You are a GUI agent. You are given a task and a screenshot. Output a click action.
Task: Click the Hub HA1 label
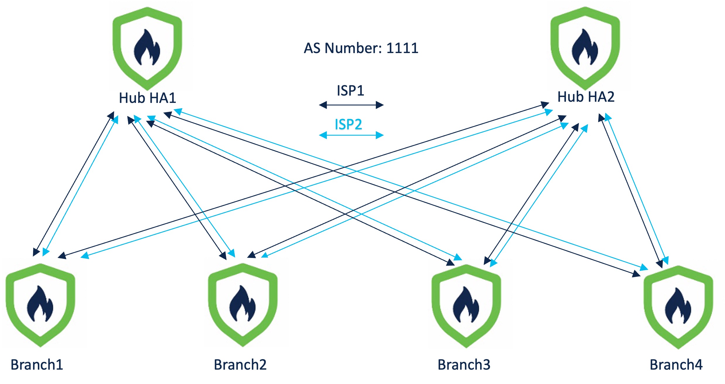point(147,98)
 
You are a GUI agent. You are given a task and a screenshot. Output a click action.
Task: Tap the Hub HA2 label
point(586,97)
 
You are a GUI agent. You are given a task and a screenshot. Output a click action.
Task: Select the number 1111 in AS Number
point(402,48)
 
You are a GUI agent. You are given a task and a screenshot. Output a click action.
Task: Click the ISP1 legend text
point(350,91)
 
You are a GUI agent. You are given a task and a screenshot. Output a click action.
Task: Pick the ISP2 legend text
point(348,124)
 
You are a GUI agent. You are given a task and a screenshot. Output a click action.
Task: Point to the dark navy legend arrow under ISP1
point(351,105)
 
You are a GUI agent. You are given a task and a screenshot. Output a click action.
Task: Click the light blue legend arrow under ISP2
point(351,135)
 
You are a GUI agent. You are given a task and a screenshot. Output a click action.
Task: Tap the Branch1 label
point(37,365)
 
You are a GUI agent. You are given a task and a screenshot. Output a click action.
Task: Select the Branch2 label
point(240,365)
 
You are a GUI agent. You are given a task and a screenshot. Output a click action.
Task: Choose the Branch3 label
point(464,365)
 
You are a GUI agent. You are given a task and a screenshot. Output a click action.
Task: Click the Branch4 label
point(676,365)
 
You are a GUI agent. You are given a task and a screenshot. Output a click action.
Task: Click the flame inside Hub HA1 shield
point(147,48)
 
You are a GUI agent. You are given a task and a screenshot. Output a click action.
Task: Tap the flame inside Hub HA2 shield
point(585,48)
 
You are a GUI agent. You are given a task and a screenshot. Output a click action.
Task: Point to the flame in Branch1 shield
point(40,304)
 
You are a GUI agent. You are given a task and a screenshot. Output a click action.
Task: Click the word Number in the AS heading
point(353,48)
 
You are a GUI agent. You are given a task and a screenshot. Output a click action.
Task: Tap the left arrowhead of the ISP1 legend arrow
point(323,105)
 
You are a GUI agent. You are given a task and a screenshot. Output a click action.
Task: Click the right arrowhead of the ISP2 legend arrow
point(380,135)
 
